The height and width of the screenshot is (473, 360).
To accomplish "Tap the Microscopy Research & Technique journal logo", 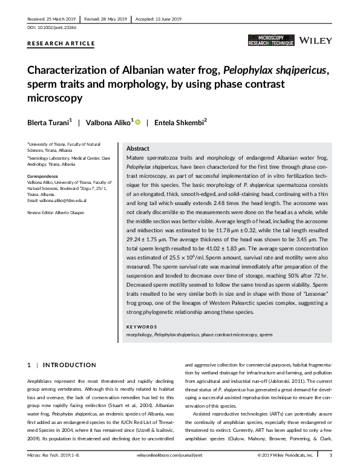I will click(272, 41).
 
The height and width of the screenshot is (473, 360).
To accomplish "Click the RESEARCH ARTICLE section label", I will click(61, 44).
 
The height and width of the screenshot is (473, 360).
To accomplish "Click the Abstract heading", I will click(137, 149).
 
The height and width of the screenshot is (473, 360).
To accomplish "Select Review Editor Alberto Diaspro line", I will click(57, 214).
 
